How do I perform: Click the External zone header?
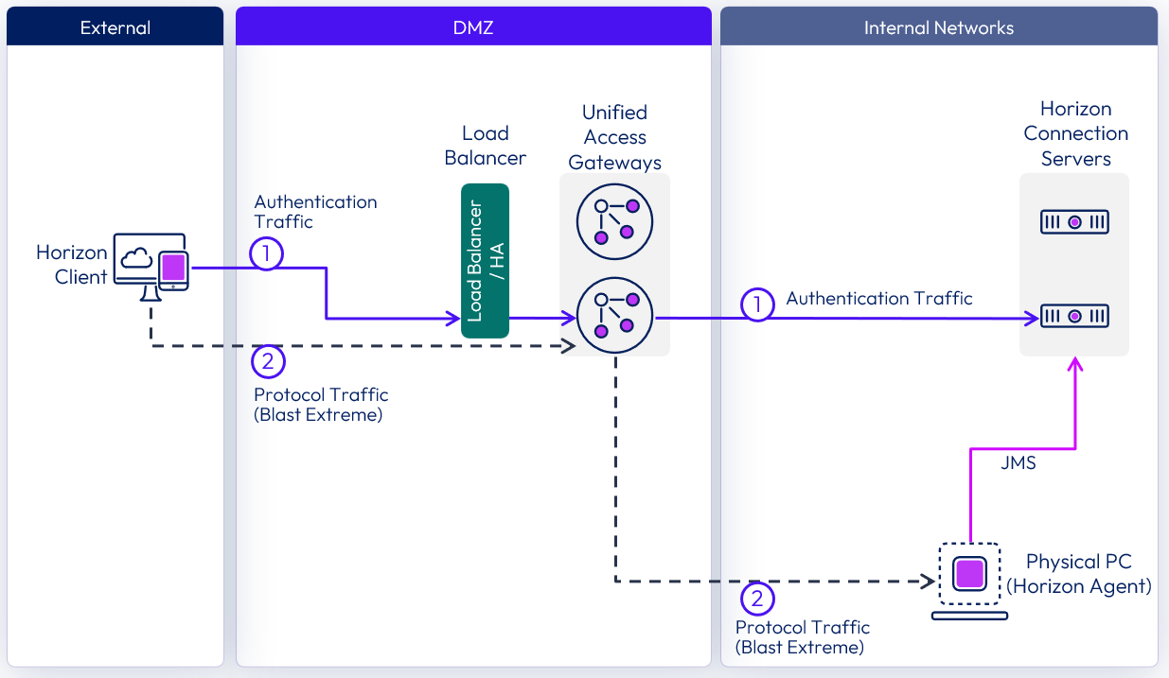(x=115, y=27)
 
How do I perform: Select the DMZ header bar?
(x=473, y=27)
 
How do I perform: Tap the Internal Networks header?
(x=938, y=27)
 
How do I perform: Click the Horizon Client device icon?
(x=151, y=263)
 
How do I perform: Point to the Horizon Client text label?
(x=72, y=265)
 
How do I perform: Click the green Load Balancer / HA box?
(x=485, y=261)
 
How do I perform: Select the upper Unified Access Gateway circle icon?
(x=614, y=221)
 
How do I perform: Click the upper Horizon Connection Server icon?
(x=1074, y=222)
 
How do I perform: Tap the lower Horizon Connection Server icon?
(x=1074, y=316)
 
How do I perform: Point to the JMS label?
(x=1018, y=463)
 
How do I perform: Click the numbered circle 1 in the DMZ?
(x=267, y=252)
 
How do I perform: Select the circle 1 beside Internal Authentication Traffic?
(x=756, y=304)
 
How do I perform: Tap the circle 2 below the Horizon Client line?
(x=268, y=361)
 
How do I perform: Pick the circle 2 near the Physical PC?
(x=756, y=598)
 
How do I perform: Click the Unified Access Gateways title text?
(x=614, y=137)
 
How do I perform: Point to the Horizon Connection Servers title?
(x=1075, y=133)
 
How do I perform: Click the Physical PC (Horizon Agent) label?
(x=1078, y=574)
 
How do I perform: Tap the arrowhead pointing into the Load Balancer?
(x=455, y=319)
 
